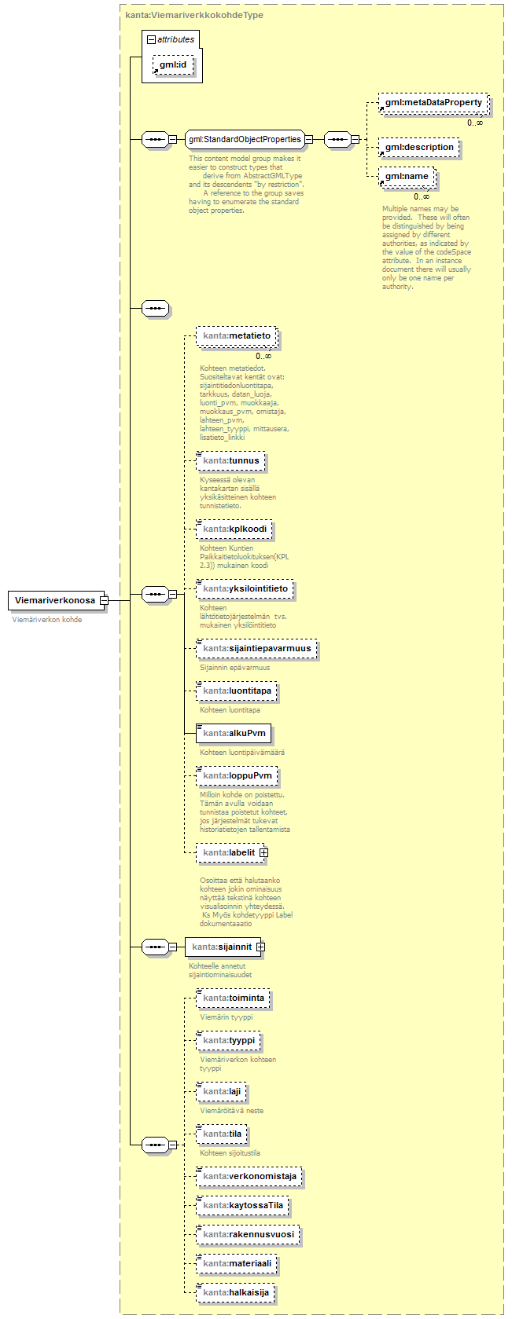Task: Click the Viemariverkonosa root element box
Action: click(x=54, y=600)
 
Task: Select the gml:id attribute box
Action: click(x=173, y=64)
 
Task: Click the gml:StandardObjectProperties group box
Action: click(x=245, y=139)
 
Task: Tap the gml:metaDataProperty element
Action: click(x=433, y=103)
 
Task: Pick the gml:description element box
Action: click(x=418, y=147)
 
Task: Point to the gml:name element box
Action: click(x=406, y=177)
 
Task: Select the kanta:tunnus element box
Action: click(x=230, y=460)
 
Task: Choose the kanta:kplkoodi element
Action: click(x=234, y=529)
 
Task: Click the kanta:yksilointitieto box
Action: click(x=245, y=588)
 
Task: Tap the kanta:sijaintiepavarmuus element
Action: click(x=256, y=648)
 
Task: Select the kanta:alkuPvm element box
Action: click(x=234, y=733)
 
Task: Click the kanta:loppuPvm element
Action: click(x=237, y=775)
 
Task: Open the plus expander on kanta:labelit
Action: click(x=264, y=852)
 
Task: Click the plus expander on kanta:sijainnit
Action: click(x=260, y=947)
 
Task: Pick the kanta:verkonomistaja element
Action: click(x=249, y=1176)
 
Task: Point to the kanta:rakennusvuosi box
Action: click(x=248, y=1234)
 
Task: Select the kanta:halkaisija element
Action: click(x=235, y=1292)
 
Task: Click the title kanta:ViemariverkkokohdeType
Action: click(x=194, y=15)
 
